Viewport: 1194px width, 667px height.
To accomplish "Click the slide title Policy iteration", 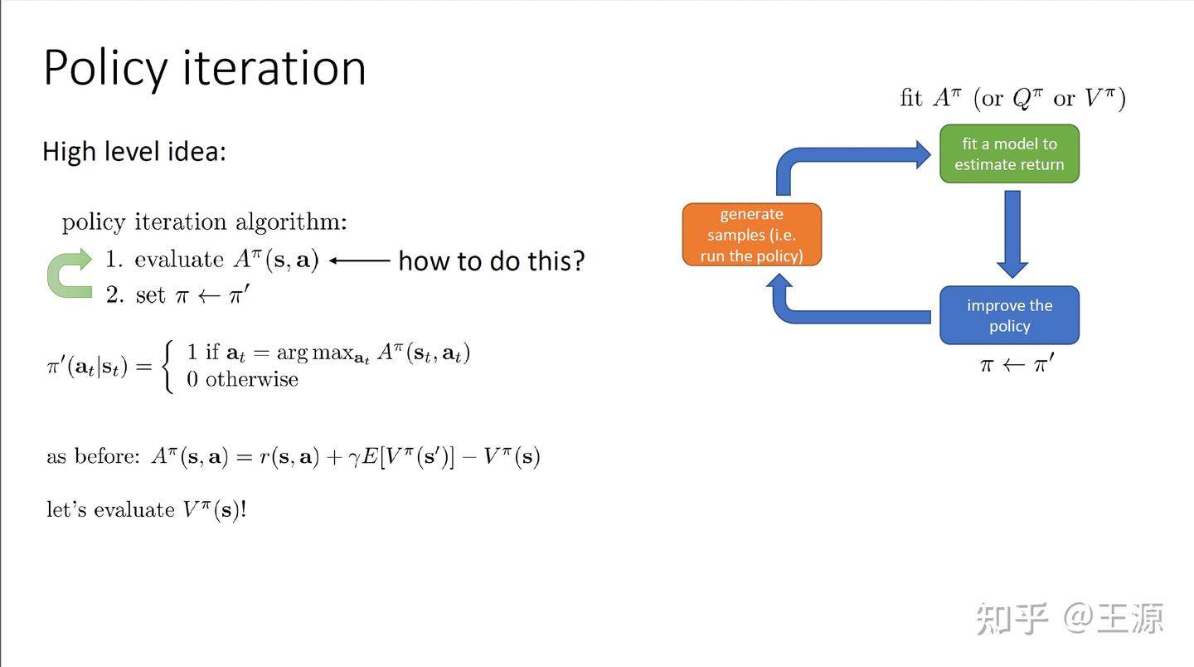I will (204, 68).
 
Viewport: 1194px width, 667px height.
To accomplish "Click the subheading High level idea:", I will (133, 152).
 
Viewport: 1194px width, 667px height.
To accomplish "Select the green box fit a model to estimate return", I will (1008, 154).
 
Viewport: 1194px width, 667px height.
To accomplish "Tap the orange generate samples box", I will (751, 235).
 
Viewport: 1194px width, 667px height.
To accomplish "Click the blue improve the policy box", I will (1008, 315).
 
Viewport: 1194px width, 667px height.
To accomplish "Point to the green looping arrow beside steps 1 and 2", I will (70, 274).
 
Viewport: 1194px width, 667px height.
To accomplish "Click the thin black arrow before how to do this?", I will (359, 260).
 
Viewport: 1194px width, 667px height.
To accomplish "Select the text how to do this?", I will (491, 260).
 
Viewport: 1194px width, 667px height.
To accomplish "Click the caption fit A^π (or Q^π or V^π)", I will (1012, 99).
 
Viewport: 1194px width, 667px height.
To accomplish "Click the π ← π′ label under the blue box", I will (1017, 363).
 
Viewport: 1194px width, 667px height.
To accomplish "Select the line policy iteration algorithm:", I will (204, 222).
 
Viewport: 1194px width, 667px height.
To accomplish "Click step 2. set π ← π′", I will (177, 295).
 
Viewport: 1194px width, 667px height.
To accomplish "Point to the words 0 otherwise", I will (242, 380).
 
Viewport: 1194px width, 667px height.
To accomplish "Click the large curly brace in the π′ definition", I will (168, 366).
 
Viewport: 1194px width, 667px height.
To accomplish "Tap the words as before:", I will (93, 456).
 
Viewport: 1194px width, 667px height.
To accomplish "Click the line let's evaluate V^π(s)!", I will (146, 509).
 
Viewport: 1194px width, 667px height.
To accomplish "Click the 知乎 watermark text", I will (1012, 619).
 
